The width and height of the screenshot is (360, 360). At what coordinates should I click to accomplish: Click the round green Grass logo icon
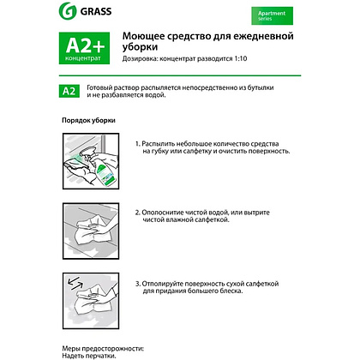68,11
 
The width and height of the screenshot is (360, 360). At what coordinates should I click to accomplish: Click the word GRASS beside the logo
96,11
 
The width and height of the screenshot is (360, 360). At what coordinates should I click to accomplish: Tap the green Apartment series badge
272,15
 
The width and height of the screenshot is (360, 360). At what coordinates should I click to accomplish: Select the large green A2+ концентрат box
84,48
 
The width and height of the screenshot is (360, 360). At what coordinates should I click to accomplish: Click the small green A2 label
69,91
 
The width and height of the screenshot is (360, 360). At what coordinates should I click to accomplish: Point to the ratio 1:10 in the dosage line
241,58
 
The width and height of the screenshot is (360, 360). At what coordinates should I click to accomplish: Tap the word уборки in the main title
140,47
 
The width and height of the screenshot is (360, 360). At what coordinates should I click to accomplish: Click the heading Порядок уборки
88,120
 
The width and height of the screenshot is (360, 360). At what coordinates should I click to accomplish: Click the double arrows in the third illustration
75,283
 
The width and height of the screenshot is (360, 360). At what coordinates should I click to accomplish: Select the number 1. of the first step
138,144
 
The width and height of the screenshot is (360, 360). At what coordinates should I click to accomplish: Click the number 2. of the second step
138,213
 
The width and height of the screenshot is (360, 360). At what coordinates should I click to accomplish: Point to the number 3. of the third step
138,284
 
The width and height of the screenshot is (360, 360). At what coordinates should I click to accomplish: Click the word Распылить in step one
158,144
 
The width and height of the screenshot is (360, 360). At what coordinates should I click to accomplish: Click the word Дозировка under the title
140,59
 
